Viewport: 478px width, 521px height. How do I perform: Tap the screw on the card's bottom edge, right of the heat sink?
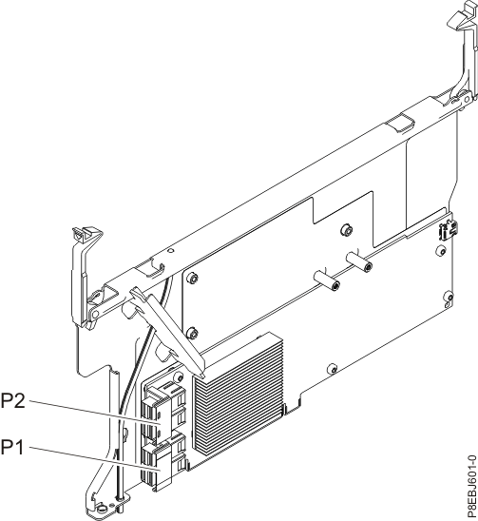pos(330,369)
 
